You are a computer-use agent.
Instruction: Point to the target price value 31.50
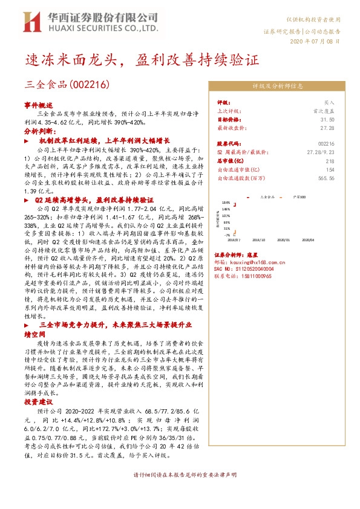[327, 120]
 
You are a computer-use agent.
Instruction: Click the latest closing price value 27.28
[327, 128]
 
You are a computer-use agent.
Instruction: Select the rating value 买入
[329, 103]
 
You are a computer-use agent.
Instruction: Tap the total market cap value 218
[330, 161]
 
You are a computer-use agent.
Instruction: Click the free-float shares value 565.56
[326, 178]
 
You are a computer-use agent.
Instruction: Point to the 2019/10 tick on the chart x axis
[267, 239]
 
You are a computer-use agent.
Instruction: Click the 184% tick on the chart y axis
[226, 203]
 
